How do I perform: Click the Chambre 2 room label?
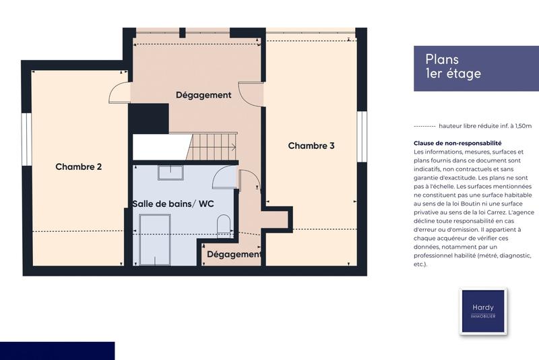(78, 167)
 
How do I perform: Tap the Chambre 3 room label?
(311, 146)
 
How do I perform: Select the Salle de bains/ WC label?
(173, 204)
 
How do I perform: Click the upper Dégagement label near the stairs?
(203, 95)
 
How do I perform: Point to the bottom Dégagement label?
(234, 254)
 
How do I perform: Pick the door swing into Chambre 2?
(119, 93)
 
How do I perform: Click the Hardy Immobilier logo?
(482, 311)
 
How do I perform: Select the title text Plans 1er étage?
(453, 67)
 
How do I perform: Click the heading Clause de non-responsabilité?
(457, 143)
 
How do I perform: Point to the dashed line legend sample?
(424, 126)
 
